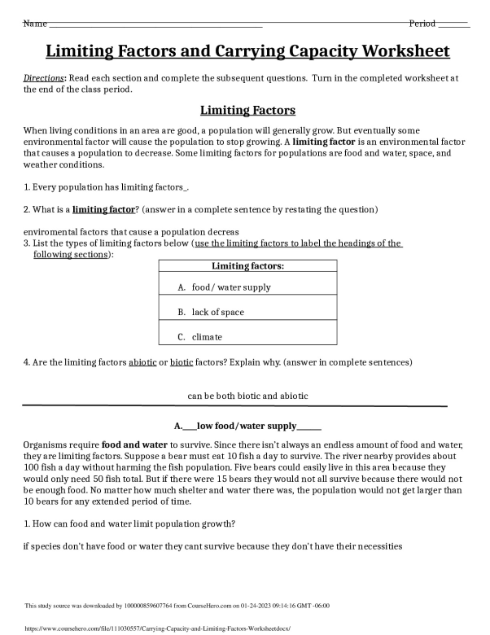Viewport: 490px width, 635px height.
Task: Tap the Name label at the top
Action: (x=34, y=24)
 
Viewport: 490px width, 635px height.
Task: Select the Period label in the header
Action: (x=422, y=24)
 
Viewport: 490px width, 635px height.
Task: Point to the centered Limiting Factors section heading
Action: (x=247, y=110)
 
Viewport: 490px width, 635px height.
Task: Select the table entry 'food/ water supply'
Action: (x=231, y=287)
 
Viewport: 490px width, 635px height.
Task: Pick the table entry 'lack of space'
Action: (x=218, y=312)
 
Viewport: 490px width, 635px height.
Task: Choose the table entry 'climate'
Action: (x=207, y=336)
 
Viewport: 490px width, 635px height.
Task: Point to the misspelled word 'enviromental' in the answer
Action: (x=52, y=232)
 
